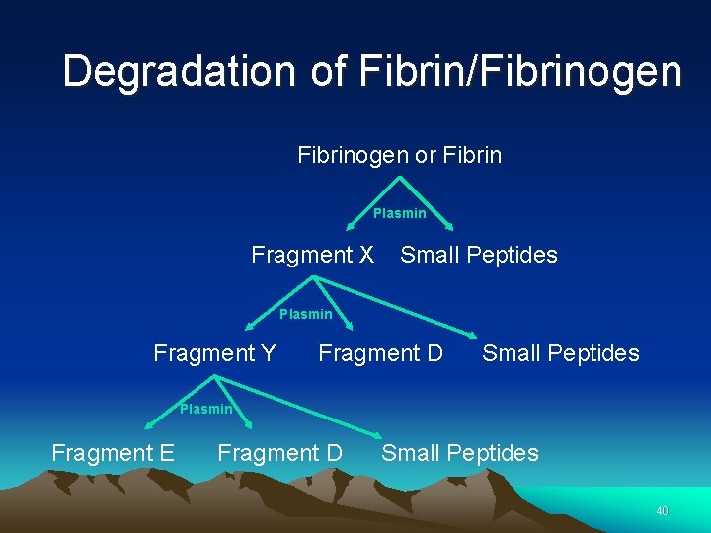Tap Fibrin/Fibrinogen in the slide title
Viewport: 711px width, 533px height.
[520, 71]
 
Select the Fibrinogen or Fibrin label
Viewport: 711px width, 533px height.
[399, 155]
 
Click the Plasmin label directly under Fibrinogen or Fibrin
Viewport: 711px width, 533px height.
[399, 213]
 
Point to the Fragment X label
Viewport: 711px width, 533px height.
[312, 255]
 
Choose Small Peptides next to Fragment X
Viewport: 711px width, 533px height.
[478, 255]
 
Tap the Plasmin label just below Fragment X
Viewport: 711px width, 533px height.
[305, 314]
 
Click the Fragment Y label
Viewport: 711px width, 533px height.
[214, 353]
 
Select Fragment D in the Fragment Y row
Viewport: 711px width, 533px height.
[380, 353]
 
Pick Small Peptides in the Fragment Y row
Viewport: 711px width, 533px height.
[560, 353]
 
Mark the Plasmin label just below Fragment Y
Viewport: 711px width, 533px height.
[205, 409]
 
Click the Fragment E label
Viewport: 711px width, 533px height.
[113, 453]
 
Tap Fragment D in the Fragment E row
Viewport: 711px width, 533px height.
[279, 453]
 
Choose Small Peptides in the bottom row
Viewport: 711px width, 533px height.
[459, 453]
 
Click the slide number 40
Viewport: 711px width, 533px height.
[662, 511]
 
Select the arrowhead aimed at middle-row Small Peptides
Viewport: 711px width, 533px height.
[471, 334]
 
